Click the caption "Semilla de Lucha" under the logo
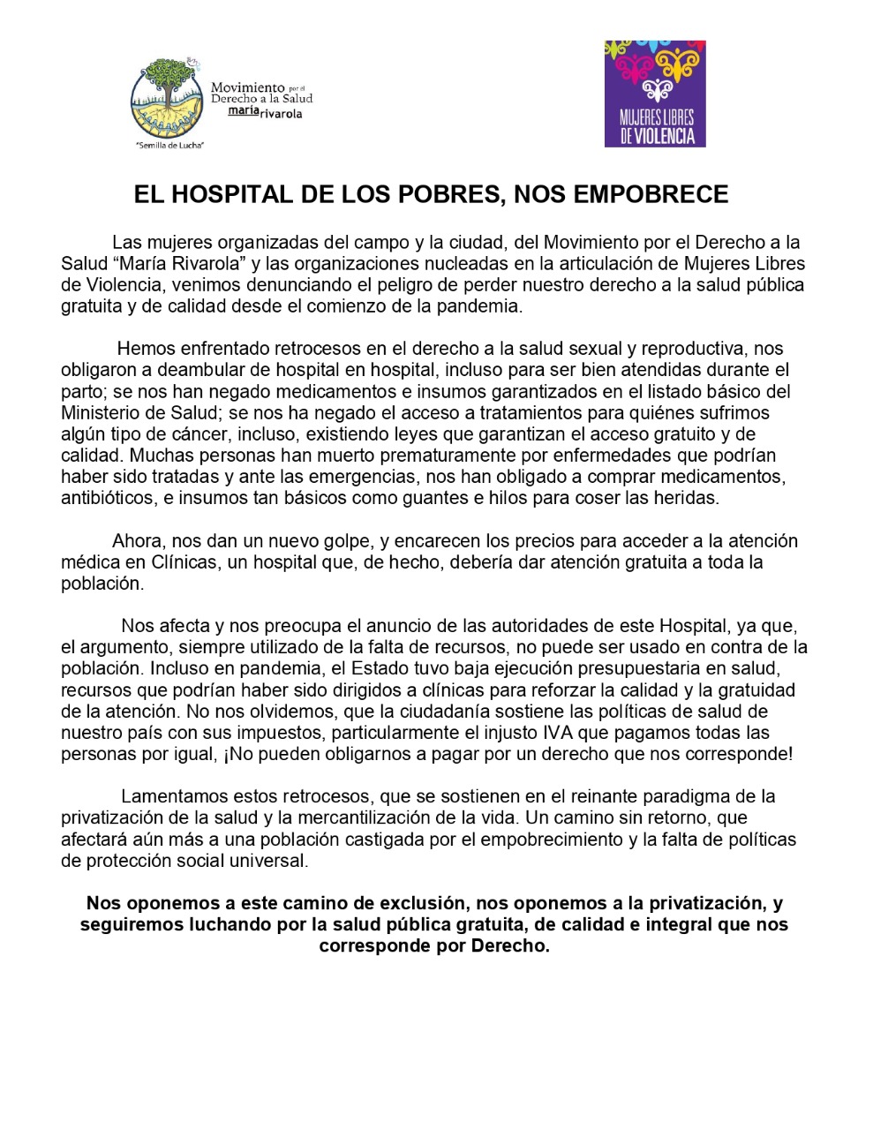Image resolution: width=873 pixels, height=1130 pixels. (x=169, y=145)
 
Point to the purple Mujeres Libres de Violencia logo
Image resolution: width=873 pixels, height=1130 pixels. (x=655, y=94)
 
